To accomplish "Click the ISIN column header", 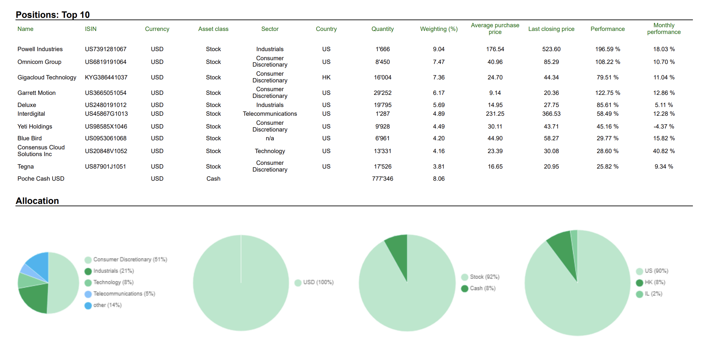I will (x=90, y=29).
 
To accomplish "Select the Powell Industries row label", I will (x=40, y=49).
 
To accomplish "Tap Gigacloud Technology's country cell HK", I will (x=326, y=77).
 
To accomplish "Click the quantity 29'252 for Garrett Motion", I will (x=382, y=93).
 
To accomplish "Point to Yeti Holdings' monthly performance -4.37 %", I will (x=663, y=127).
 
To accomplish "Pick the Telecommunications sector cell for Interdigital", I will (x=270, y=114).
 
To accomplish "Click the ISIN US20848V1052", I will (x=106, y=151).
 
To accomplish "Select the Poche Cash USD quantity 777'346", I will (x=382, y=179).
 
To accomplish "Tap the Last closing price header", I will (x=551, y=29).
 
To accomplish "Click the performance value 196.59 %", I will (x=607, y=49).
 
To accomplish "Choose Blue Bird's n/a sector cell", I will (x=270, y=138).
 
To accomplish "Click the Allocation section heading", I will (x=37, y=201).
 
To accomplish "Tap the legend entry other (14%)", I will (x=107, y=305).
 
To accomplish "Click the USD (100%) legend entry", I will (x=318, y=283).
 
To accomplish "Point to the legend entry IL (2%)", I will (x=653, y=294).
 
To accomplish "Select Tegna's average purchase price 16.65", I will (x=495, y=167).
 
